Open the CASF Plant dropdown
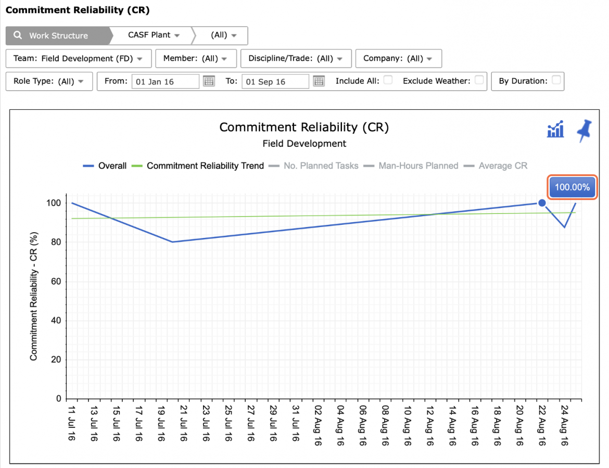click(x=154, y=35)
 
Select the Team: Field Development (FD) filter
click(x=79, y=59)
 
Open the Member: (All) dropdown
click(x=196, y=59)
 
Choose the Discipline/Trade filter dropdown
click(x=296, y=59)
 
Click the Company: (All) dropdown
click(x=399, y=59)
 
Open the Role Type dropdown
click(x=49, y=81)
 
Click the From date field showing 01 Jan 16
click(x=165, y=82)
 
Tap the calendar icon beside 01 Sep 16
click(x=319, y=81)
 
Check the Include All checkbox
click(x=388, y=80)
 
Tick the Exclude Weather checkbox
click(x=479, y=80)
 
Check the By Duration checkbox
click(x=556, y=80)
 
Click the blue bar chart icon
click(x=555, y=129)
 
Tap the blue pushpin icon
click(x=584, y=131)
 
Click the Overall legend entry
click(x=105, y=166)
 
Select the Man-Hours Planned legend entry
click(x=411, y=166)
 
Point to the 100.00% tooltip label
click(x=572, y=187)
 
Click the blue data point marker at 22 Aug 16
click(x=542, y=203)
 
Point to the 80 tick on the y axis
click(x=56, y=242)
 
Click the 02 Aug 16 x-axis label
click(x=318, y=426)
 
